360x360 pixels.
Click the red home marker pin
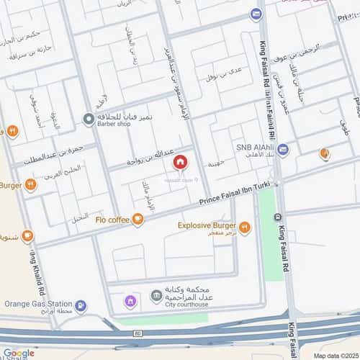179,162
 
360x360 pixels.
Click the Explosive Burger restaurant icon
245,228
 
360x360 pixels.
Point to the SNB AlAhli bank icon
283,150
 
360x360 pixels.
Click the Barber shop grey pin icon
88,118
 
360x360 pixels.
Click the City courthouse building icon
155,296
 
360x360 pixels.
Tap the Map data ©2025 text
336,355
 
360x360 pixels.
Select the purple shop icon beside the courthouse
130,301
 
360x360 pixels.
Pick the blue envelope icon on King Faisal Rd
256,14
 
